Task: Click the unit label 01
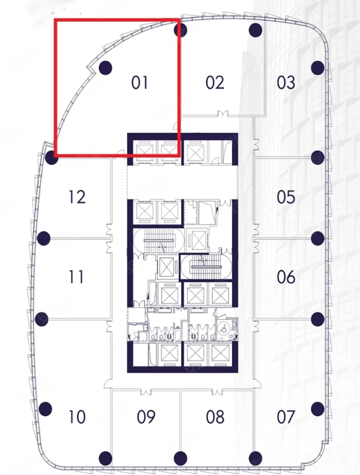click(x=140, y=82)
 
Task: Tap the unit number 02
click(x=215, y=82)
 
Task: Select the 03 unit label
click(x=286, y=82)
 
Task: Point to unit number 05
click(x=286, y=197)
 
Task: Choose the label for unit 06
click(x=286, y=277)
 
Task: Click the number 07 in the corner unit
click(x=286, y=417)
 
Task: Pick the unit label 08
click(x=215, y=417)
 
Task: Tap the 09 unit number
click(x=146, y=417)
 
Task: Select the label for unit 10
click(x=77, y=417)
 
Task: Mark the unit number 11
click(x=76, y=277)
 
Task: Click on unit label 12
click(x=77, y=197)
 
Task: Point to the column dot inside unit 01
click(x=106, y=68)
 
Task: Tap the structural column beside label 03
click(x=318, y=68)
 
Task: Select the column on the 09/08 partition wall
click(x=181, y=458)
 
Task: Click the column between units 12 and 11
click(x=43, y=238)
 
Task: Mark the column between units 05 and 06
click(x=318, y=238)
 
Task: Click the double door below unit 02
click(x=223, y=113)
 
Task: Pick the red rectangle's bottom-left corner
click(x=56, y=156)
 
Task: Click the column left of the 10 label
click(x=45, y=409)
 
